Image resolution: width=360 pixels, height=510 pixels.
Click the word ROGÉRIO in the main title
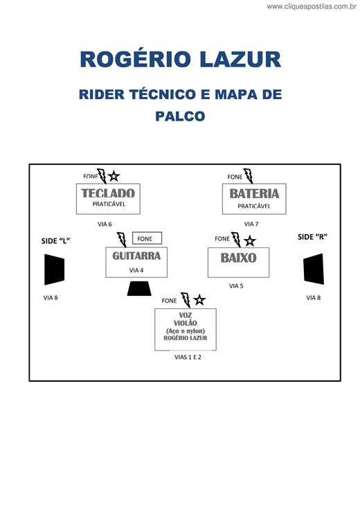point(135,59)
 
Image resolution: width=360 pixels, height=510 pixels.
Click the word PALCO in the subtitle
point(180,116)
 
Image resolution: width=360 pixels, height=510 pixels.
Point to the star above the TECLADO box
point(114,176)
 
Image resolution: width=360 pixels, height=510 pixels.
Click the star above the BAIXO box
point(249,240)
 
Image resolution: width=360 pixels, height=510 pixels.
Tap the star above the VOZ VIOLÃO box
point(199,300)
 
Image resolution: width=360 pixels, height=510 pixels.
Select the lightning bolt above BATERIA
point(249,175)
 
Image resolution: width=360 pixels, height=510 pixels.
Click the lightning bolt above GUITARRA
point(122,239)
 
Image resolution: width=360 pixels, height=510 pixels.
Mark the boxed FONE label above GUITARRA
point(147,238)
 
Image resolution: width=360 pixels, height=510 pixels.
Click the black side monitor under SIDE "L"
point(54,270)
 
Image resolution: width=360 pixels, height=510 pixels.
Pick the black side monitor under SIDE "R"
point(314,269)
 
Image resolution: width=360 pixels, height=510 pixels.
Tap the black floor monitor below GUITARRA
point(139,288)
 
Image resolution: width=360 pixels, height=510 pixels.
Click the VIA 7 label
point(251,224)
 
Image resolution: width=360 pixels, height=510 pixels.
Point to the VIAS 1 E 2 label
point(188,357)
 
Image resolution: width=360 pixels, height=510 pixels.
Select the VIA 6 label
point(105,224)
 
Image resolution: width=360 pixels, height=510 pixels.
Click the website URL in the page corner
point(312,6)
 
